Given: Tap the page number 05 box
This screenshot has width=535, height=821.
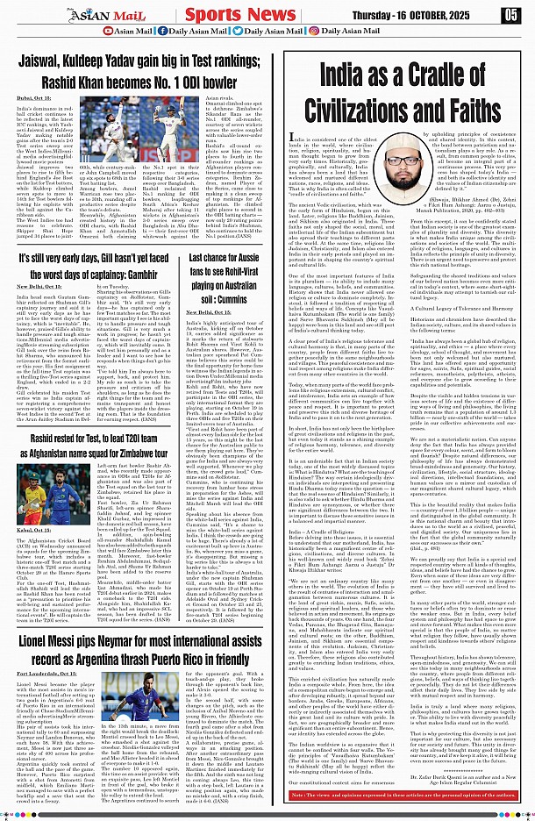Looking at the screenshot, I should click(x=512, y=15).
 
